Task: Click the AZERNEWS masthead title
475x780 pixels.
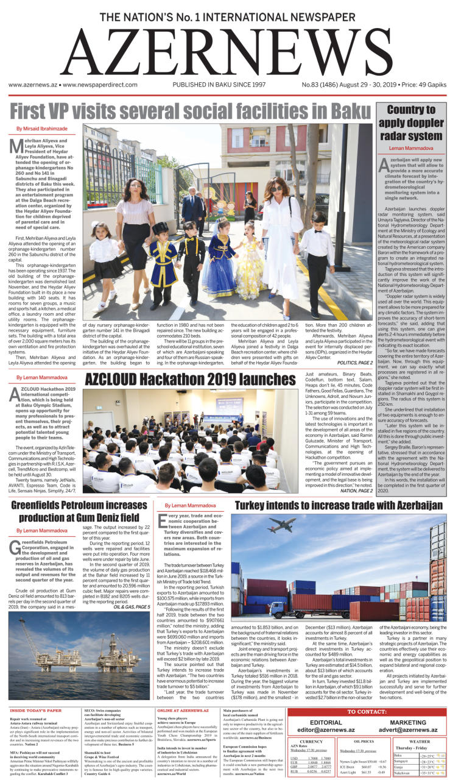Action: click(x=237, y=52)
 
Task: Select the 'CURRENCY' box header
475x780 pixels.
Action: click(x=311, y=742)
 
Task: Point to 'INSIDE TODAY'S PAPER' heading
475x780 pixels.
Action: click(x=35, y=711)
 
